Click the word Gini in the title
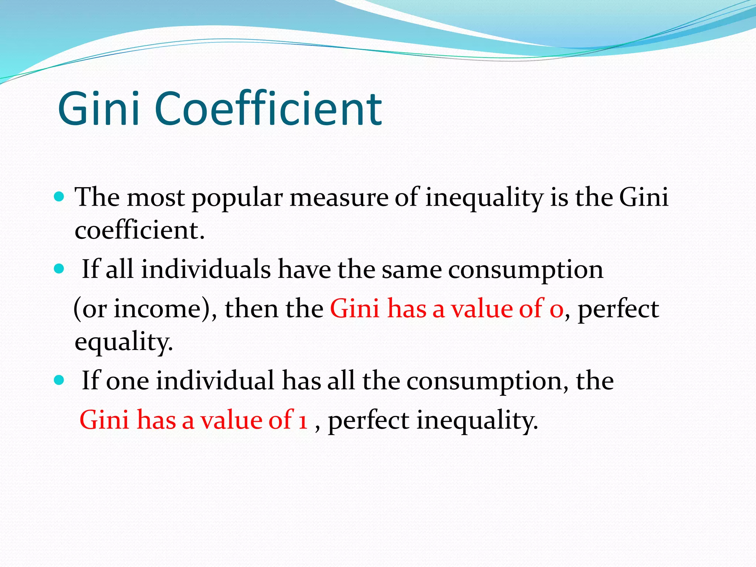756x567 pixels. pos(99,109)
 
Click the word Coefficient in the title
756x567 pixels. pos(268,109)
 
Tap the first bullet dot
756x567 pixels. pos(59,196)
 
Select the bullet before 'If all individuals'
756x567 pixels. pos(59,268)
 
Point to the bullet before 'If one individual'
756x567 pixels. pos(59,380)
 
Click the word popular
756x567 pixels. pos(237,198)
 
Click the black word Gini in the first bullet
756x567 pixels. pos(644,197)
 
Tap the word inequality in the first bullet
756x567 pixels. pos(484,198)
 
